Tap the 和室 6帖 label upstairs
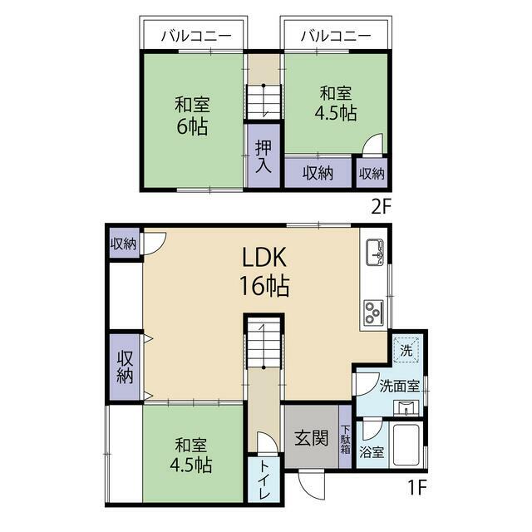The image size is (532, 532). point(192,116)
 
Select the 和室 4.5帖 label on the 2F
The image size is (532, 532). point(337,102)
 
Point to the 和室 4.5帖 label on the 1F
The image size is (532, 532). point(192,455)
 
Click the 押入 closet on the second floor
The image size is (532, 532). point(264,156)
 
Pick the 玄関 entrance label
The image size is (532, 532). point(311,438)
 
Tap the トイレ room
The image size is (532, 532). point(264,480)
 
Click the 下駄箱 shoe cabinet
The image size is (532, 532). point(345,439)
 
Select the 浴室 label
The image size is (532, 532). point(371,453)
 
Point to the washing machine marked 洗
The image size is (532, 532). point(406,349)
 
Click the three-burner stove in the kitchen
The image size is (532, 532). point(373,312)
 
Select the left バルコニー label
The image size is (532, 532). point(193,35)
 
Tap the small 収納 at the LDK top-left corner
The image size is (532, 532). point(124,244)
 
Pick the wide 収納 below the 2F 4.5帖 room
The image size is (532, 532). point(318,173)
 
